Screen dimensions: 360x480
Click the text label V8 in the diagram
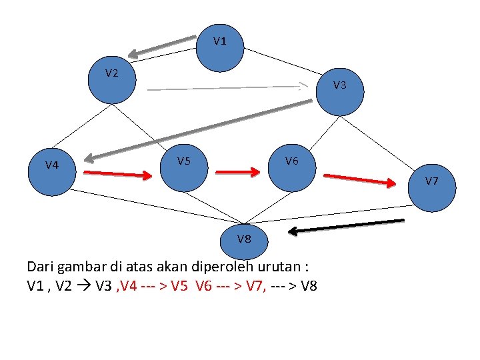245,237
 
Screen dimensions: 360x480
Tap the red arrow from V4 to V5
118,174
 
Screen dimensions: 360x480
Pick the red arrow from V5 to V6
237,171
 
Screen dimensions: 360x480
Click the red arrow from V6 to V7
359,179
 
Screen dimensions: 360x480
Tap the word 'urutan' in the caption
279,267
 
